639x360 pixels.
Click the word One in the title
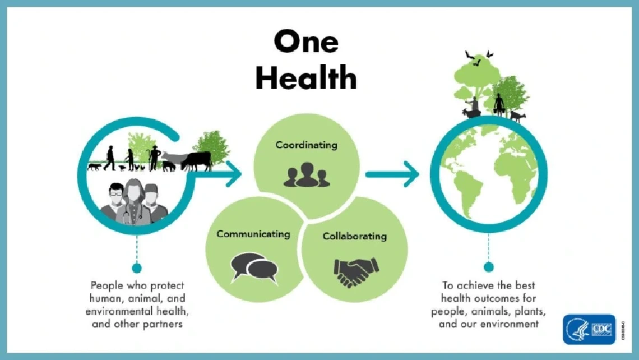pyautogui.click(x=306, y=42)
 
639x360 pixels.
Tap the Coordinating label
pyautogui.click(x=306, y=145)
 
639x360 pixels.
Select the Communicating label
pyautogui.click(x=253, y=234)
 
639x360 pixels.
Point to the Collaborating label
pyautogui.click(x=354, y=236)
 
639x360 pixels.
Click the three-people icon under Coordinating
pyautogui.click(x=306, y=174)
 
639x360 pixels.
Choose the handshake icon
pyautogui.click(x=355, y=271)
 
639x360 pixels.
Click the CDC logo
pyautogui.click(x=589, y=329)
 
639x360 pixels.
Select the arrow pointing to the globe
pyautogui.click(x=392, y=174)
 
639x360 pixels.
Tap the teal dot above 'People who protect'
pyautogui.click(x=137, y=267)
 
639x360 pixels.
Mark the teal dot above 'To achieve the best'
pyautogui.click(x=489, y=267)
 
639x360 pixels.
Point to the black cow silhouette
pyautogui.click(x=197, y=160)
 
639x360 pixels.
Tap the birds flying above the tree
pyautogui.click(x=479, y=57)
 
